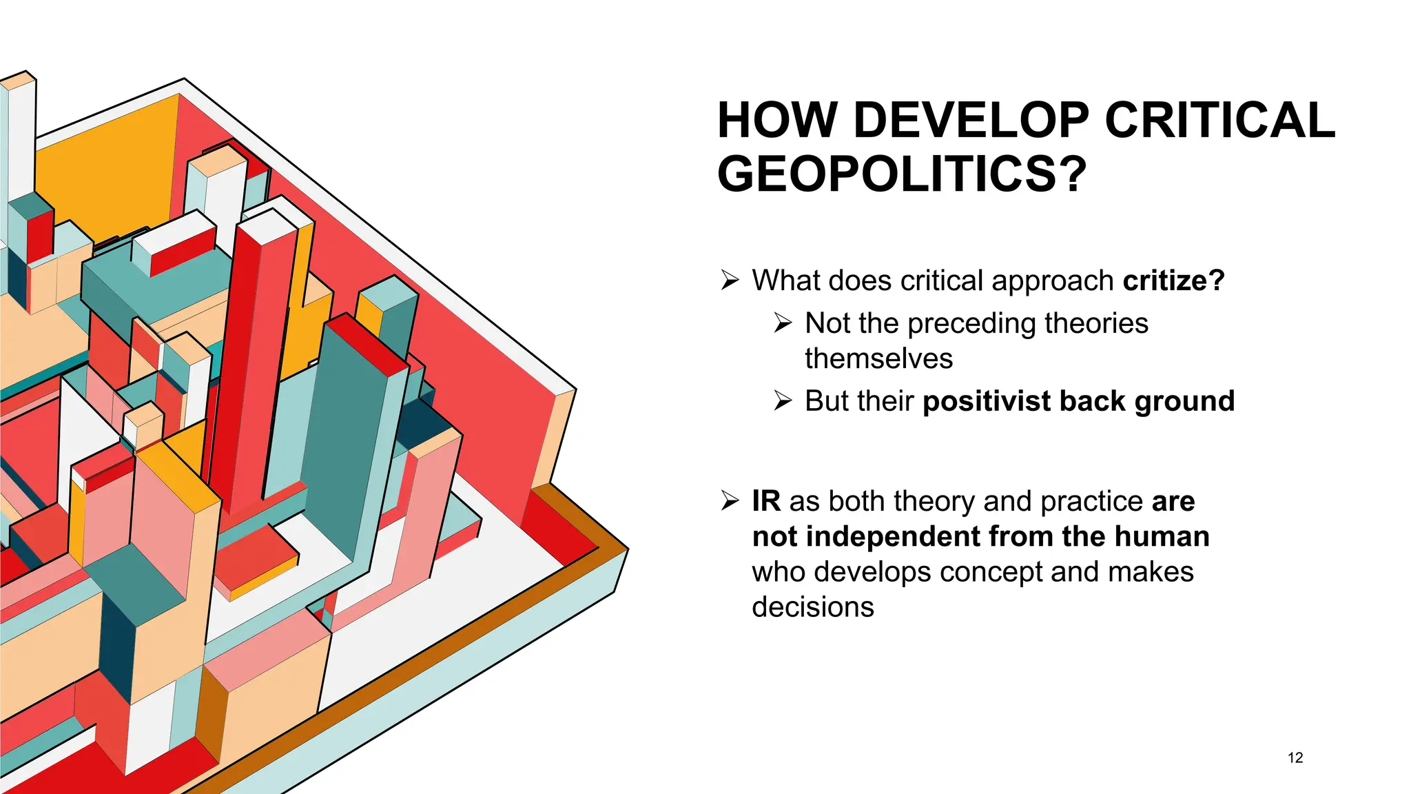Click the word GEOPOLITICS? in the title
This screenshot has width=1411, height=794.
(x=901, y=174)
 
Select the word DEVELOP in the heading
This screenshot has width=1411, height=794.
(x=971, y=121)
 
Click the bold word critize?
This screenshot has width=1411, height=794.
(x=1173, y=281)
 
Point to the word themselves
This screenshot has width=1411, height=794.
(x=878, y=359)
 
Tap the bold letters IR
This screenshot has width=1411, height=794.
(x=766, y=501)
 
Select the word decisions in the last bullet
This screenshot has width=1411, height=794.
(x=813, y=607)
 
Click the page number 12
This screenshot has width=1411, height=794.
(x=1295, y=757)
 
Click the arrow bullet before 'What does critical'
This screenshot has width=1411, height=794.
(x=730, y=281)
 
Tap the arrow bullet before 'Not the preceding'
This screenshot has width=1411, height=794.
(x=783, y=323)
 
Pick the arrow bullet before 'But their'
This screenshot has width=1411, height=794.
(x=783, y=400)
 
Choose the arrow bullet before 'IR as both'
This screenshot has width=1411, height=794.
(x=730, y=500)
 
